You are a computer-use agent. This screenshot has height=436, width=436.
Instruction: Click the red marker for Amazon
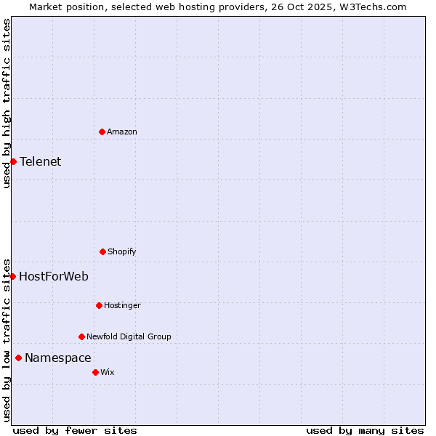(x=102, y=132)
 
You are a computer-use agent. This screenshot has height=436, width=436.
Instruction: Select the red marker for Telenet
(x=13, y=161)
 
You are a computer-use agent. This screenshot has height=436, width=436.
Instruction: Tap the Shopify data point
(x=102, y=251)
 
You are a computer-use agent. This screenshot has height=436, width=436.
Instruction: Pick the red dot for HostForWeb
(x=12, y=276)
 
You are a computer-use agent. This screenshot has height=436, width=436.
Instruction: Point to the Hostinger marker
(x=99, y=305)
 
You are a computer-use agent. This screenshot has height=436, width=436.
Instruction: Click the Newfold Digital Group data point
(x=81, y=336)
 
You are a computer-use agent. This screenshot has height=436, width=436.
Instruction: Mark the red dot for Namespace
(x=18, y=358)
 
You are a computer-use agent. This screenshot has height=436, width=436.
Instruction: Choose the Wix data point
(x=95, y=372)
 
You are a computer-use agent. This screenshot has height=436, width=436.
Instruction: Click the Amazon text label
(x=122, y=132)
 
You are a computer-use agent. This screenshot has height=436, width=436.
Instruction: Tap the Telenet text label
(x=41, y=161)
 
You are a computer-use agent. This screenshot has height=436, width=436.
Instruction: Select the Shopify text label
(x=122, y=251)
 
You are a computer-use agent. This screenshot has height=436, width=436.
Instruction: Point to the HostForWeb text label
(x=54, y=276)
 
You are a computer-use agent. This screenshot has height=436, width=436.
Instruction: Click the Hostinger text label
(x=122, y=305)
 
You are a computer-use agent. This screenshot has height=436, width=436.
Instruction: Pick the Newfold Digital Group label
(x=129, y=336)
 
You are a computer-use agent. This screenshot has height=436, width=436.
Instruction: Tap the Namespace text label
(x=58, y=358)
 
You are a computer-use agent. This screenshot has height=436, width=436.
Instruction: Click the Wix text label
(x=108, y=372)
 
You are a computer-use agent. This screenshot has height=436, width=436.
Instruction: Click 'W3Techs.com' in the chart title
(x=376, y=7)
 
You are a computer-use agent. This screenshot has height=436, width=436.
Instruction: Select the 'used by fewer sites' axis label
(x=75, y=430)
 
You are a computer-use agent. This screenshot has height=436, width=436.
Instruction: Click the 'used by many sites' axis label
(x=365, y=430)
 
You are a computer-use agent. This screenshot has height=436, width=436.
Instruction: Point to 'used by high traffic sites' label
(x=7, y=103)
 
